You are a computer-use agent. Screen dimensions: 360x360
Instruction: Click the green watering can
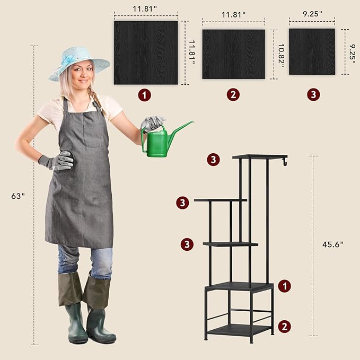tap(159, 142)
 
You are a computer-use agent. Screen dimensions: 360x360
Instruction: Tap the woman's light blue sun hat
tap(79, 63)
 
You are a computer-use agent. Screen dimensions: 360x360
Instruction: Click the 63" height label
tap(18, 196)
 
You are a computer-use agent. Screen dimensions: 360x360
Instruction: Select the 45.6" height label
tap(332, 244)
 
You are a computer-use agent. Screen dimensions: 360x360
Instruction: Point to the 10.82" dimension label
tap(281, 56)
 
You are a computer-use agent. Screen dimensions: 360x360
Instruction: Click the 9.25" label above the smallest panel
tap(312, 14)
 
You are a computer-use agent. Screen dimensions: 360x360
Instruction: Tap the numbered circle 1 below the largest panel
tap(144, 95)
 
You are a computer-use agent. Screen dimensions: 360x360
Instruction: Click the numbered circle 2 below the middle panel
tap(233, 94)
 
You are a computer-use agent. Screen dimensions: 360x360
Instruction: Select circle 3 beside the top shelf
tap(213, 160)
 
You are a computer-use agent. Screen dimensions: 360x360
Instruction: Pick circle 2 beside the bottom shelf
tap(285, 327)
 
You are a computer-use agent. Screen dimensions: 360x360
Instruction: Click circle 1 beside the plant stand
tap(285, 286)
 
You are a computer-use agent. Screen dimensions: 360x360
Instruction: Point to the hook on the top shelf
tap(285, 161)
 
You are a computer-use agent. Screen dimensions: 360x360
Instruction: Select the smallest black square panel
tap(312, 51)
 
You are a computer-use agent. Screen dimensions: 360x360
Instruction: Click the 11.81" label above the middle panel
tap(233, 15)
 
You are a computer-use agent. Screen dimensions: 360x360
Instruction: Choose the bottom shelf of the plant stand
tap(240, 330)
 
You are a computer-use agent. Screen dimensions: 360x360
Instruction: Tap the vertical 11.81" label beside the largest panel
tap(192, 52)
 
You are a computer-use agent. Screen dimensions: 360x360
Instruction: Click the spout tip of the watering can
tap(193, 122)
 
